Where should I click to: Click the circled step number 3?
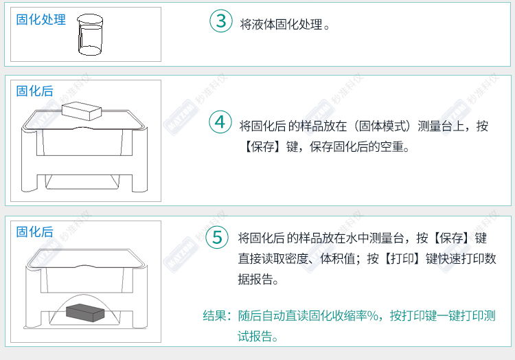coord(221,21)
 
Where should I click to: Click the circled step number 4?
coord(220,122)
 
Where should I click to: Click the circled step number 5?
coord(217,237)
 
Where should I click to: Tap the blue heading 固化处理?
coord(41,19)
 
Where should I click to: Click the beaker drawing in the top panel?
coord(90,34)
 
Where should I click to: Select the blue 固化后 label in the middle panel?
coord(35,91)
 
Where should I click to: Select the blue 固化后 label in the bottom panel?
coord(35,232)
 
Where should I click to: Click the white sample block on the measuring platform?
coord(82,111)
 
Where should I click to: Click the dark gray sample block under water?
coord(85,313)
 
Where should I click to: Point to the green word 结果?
coord(214,315)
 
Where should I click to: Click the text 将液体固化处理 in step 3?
coord(281,24)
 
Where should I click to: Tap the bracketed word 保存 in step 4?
coord(263,146)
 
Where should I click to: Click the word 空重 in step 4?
coord(392,146)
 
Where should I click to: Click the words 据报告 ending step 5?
coord(256,279)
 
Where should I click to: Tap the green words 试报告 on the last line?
coord(255,337)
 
